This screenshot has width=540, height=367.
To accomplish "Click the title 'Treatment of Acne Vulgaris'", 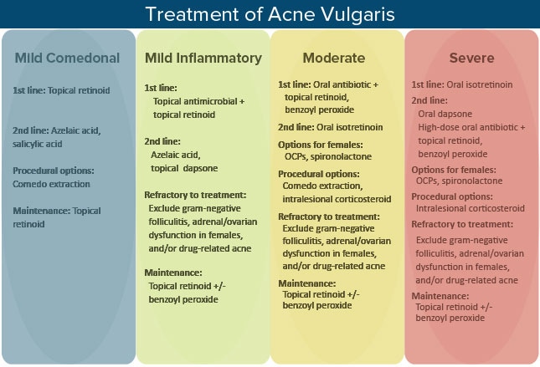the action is coord(270,14).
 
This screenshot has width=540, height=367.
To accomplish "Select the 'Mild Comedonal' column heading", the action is coord(67,58).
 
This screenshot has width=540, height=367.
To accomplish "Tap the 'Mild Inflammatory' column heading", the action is coord(203,59).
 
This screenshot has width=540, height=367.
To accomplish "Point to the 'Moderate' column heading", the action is coord(334,58).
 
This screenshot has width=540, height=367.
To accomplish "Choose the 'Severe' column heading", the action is coord(471,58).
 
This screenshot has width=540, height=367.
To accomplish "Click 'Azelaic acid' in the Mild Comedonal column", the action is coord(75,130).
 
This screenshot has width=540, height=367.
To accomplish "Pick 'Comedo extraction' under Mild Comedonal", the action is coord(51,184).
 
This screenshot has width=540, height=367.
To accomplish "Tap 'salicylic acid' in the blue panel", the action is coord(37,144).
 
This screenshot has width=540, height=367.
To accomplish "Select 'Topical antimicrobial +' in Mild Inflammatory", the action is coord(198,101).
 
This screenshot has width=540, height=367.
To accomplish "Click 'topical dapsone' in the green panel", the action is coord(184,168).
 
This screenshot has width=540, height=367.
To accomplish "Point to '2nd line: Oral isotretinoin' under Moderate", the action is coord(330,127).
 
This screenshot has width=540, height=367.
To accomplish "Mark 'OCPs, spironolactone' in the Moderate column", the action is coord(328,156).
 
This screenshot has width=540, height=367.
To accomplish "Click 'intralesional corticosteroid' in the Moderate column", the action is coord(337,199).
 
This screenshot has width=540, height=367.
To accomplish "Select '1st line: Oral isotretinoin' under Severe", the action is coord(462,84).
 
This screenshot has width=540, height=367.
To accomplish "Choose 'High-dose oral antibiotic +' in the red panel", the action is coord(471,127).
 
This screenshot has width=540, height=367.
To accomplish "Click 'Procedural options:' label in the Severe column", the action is coord(452,196).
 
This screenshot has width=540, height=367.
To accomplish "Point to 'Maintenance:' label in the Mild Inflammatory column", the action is coord(173,273).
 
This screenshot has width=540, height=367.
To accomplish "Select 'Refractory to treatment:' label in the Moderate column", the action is coord(329,217).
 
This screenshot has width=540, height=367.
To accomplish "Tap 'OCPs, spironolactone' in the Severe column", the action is coord(459,181).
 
